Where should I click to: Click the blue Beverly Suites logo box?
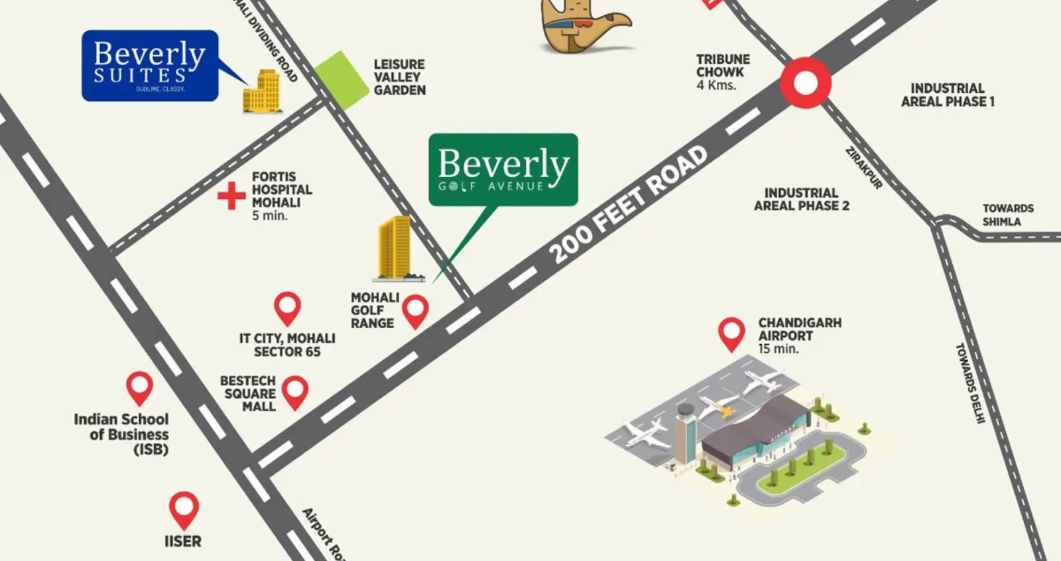(150, 65)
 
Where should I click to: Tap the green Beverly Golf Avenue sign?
(503, 169)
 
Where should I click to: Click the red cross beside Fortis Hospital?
(231, 196)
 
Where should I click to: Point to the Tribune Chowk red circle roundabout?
(805, 84)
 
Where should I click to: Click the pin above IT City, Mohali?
(287, 307)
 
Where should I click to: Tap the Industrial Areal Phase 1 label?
(947, 95)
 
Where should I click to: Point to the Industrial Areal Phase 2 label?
(801, 199)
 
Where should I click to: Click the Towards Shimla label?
(1007, 215)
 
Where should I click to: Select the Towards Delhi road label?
(969, 383)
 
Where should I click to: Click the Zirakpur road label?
(863, 168)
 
